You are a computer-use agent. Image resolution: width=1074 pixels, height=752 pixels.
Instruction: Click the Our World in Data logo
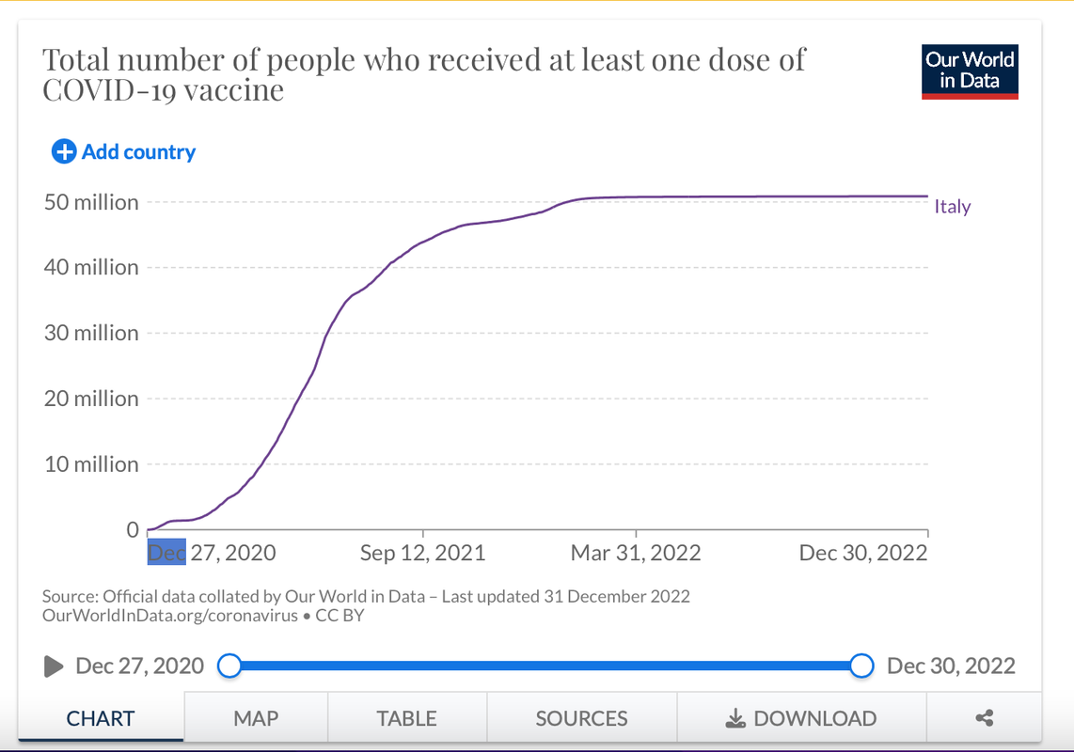pyautogui.click(x=970, y=70)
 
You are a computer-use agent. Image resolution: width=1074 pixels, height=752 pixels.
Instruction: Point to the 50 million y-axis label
pyautogui.click(x=92, y=202)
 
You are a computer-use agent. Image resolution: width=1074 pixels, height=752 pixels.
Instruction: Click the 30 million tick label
pyautogui.click(x=92, y=333)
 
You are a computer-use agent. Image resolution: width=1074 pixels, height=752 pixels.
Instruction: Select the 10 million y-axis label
pyautogui.click(x=92, y=464)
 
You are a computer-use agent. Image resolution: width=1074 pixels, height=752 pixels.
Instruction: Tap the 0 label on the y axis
pyautogui.click(x=133, y=530)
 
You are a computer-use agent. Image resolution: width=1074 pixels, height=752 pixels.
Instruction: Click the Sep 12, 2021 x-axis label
pyautogui.click(x=423, y=553)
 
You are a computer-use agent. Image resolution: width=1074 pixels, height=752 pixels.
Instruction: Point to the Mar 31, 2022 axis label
pyautogui.click(x=636, y=553)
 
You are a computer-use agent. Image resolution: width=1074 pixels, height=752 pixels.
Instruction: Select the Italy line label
pyautogui.click(x=952, y=207)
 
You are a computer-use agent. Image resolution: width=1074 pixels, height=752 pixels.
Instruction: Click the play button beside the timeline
pyautogui.click(x=54, y=666)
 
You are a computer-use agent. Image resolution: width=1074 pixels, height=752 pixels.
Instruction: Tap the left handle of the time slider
pyautogui.click(x=229, y=666)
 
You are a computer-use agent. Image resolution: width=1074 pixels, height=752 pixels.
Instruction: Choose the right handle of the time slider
pyautogui.click(x=861, y=666)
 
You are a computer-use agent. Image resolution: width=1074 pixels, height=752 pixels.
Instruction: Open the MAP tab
pyautogui.click(x=256, y=719)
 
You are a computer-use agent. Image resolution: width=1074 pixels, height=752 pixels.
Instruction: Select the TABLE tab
pyautogui.click(x=406, y=719)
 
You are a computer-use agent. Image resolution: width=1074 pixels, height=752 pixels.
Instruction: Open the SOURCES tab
pyautogui.click(x=581, y=719)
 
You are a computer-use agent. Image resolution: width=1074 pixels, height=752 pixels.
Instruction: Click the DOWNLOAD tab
pyautogui.click(x=801, y=719)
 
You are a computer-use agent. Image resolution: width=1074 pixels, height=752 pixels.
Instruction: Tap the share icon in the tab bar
pyautogui.click(x=985, y=719)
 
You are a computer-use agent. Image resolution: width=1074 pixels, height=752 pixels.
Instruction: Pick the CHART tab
pyautogui.click(x=101, y=719)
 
